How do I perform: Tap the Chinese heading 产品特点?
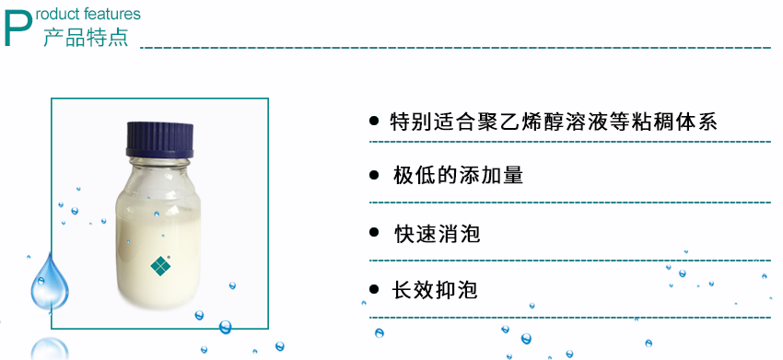[x=86, y=38]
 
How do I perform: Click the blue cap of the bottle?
[x=162, y=137]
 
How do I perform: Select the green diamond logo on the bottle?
[x=162, y=265]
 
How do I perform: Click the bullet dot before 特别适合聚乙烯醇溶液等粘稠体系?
[x=374, y=121]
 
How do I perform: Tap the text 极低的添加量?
[x=458, y=176]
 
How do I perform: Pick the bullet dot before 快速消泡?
[x=374, y=233]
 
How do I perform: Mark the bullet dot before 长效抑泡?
[x=374, y=290]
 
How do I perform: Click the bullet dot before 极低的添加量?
[x=374, y=176]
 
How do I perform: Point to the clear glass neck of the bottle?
[x=162, y=167]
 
